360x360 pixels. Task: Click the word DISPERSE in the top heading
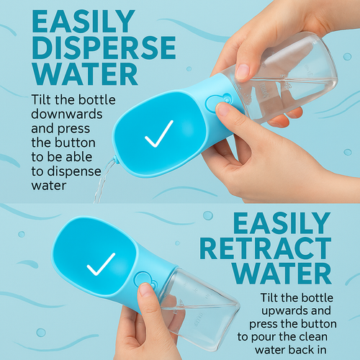[104, 48]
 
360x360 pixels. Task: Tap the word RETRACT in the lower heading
[266, 248]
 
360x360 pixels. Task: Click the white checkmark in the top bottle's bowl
[159, 134]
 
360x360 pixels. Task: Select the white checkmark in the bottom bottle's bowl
[101, 264]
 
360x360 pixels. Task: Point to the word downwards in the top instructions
[67, 114]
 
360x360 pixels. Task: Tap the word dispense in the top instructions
[74, 171]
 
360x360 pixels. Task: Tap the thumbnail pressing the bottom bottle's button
[145, 289]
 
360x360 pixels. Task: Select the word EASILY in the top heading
[84, 22]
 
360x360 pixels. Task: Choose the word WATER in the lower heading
[282, 274]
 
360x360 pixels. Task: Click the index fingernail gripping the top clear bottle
[243, 71]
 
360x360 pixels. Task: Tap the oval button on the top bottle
[212, 104]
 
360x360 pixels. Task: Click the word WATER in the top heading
[86, 73]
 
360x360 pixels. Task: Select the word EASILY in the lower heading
[282, 223]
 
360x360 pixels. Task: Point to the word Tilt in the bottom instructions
[269, 297]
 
